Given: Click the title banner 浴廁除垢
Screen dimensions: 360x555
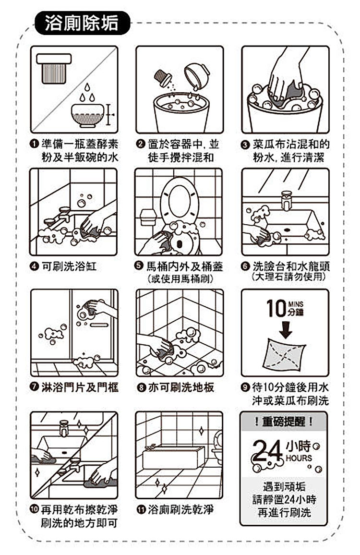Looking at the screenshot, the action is coord(83,24).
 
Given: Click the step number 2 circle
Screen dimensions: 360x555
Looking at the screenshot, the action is coord(141,144).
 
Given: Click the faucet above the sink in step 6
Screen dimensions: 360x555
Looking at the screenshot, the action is coord(286,200).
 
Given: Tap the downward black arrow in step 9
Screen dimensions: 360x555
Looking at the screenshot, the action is coord(285,329).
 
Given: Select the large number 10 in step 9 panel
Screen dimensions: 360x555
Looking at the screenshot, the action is coord(276,308).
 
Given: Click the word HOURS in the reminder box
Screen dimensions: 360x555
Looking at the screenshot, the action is coord(299,458).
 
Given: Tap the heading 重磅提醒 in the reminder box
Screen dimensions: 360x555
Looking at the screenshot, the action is coord(284,422).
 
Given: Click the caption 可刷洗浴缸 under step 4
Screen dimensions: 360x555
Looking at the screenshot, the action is coord(69,266).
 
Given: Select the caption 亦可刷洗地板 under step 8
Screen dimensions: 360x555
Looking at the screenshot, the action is coord(181,387).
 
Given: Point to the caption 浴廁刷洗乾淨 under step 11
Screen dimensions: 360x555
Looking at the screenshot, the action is coord(180,509).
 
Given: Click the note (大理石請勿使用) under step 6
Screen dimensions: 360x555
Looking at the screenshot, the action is coord(288,277).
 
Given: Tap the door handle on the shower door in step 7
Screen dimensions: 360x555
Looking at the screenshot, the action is coord(99,325).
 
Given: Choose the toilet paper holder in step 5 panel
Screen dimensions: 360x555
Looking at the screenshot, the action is coord(148,217).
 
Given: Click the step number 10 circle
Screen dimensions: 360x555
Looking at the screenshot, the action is coord(34,509).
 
